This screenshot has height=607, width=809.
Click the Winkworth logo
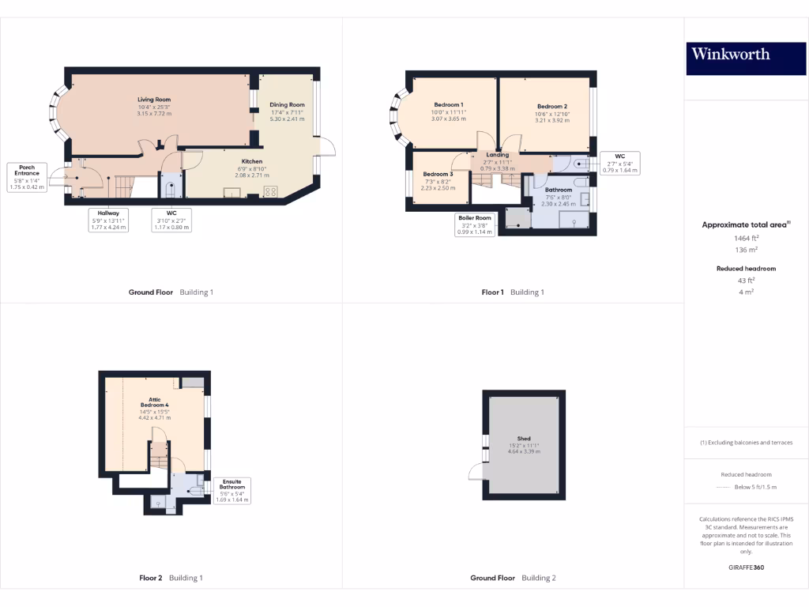[x=746, y=55]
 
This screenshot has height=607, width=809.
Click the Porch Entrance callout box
[x=27, y=177]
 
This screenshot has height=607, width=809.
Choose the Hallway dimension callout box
[x=108, y=219]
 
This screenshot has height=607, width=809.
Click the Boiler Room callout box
[x=474, y=224]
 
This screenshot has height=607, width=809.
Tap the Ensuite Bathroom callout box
[x=232, y=490]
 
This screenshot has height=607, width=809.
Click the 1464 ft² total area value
[x=746, y=237]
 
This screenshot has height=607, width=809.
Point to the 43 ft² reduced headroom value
[x=746, y=280]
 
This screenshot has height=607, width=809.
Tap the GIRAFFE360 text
[x=746, y=567]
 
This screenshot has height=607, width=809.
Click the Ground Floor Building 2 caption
[x=513, y=578]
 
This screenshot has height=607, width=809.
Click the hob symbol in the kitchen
[x=270, y=190]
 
